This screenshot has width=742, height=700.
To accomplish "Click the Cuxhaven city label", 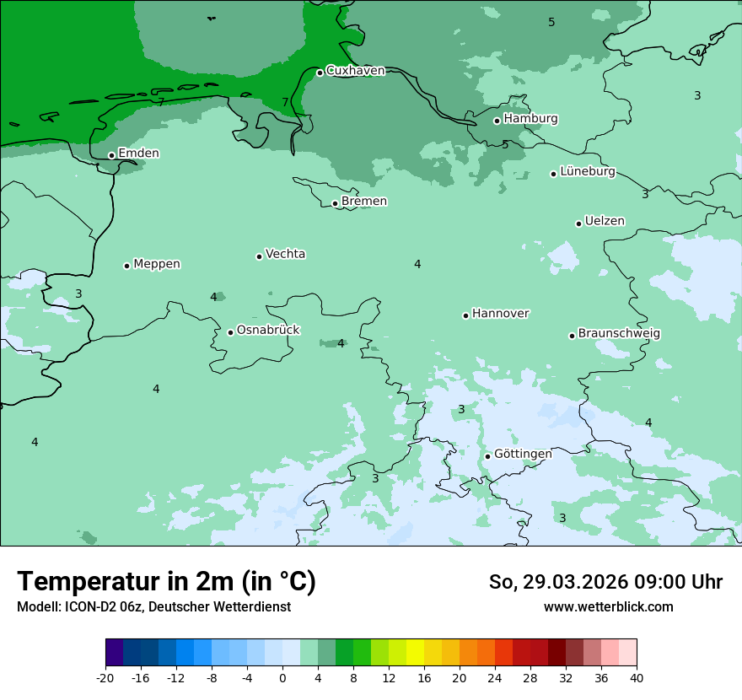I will [x=355, y=71].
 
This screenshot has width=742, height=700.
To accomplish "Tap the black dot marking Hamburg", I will [x=497, y=121].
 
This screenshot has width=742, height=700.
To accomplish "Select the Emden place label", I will [x=138, y=153].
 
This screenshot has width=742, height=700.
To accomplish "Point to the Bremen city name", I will [x=364, y=202].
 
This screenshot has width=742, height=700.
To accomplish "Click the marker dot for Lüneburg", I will [x=554, y=174].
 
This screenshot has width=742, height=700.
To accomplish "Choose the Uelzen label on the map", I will [x=605, y=222].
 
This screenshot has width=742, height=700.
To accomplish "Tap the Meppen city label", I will [x=157, y=264].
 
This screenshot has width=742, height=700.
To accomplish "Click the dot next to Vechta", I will [x=260, y=256].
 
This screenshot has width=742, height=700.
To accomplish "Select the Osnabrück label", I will [x=268, y=331].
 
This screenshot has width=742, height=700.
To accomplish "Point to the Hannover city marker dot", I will [x=466, y=315].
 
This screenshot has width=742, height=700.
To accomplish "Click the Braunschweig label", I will [x=619, y=334].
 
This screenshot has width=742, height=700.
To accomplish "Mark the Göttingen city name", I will [x=523, y=455].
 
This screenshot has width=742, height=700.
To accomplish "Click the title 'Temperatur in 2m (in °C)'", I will [x=166, y=582].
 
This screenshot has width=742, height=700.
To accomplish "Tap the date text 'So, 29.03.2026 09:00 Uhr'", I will [x=605, y=582].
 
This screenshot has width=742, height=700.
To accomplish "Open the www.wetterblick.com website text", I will [x=608, y=607].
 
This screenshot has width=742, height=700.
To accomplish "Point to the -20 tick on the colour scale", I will [x=105, y=678].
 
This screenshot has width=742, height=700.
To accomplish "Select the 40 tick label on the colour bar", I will [x=637, y=678].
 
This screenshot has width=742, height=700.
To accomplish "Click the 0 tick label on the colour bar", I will [x=282, y=678].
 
